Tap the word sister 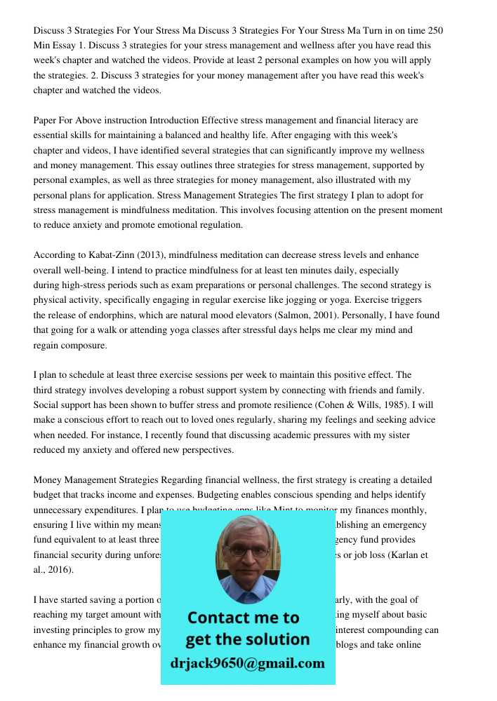(x=397, y=435)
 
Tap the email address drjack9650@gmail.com (x=248, y=663)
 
